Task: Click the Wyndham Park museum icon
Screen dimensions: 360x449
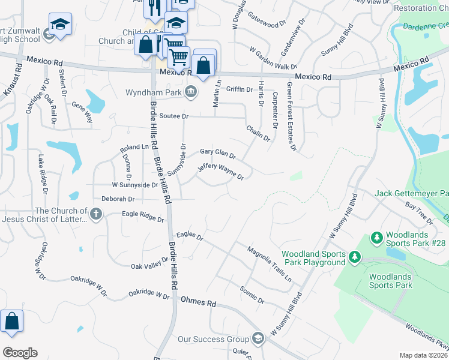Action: click(x=191, y=92)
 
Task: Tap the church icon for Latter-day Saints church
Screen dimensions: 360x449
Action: click(x=96, y=214)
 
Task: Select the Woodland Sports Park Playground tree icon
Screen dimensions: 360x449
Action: click(x=355, y=257)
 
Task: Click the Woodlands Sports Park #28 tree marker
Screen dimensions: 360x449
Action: click(x=377, y=238)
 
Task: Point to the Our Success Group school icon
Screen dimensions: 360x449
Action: click(x=258, y=339)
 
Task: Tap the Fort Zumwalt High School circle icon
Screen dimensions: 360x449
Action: click(x=49, y=36)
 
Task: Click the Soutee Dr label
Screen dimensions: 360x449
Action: click(x=173, y=116)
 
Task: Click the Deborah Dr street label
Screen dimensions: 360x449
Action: click(x=117, y=199)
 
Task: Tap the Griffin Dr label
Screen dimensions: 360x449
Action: click(x=240, y=89)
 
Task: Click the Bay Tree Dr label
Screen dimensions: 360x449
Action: click(x=418, y=209)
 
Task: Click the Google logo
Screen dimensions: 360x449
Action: click(x=19, y=353)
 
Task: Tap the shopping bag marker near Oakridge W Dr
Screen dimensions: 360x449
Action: click(x=12, y=322)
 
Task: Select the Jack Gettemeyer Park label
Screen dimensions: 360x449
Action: click(x=411, y=194)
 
